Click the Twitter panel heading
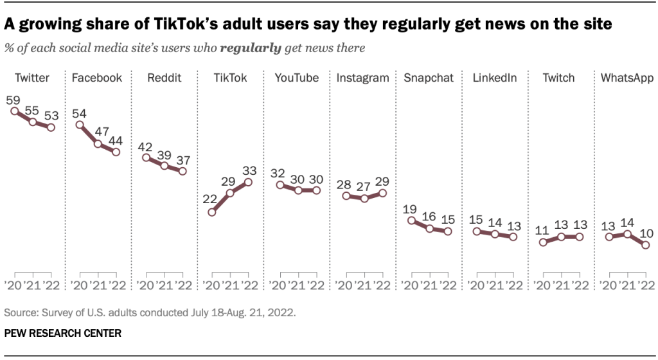point(31,78)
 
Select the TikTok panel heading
point(231,78)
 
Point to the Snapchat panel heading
point(429,78)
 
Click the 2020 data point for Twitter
point(14,111)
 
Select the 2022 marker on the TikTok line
point(249,183)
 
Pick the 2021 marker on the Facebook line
point(98,144)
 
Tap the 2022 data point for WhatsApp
point(645,245)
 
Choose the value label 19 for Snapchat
point(410,210)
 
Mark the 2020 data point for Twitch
point(543,242)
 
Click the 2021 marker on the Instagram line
point(364,199)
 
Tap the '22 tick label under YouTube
point(316,285)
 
